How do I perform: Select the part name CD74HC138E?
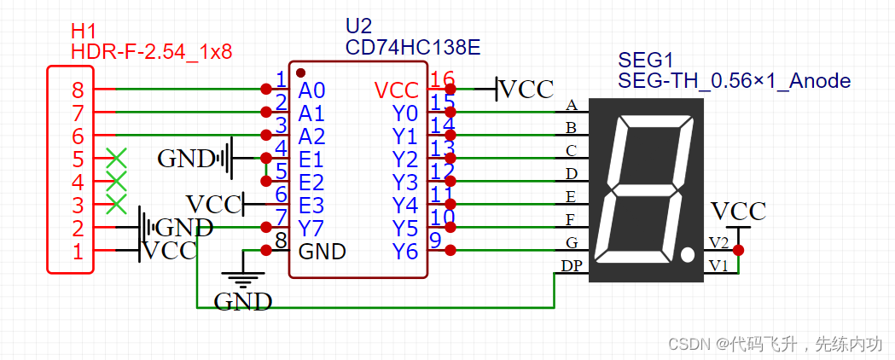pyautogui.click(x=412, y=46)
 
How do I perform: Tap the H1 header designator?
pyautogui.click(x=82, y=31)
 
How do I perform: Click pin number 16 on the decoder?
pyautogui.click(x=442, y=79)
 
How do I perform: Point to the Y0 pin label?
pyautogui.click(x=405, y=113)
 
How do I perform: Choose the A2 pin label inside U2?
pyautogui.click(x=311, y=136)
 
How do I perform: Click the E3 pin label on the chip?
pyautogui.click(x=311, y=205)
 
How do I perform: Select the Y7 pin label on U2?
pyautogui.click(x=311, y=228)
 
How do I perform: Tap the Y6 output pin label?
pyautogui.click(x=405, y=251)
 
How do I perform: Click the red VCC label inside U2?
pyautogui.click(x=397, y=90)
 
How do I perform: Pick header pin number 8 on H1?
pyautogui.click(x=78, y=90)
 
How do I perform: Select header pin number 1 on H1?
pyautogui.click(x=78, y=251)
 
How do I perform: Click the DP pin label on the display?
pyautogui.click(x=572, y=266)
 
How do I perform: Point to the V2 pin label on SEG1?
pyautogui.click(x=718, y=243)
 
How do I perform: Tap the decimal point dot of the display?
pyautogui.click(x=687, y=253)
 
